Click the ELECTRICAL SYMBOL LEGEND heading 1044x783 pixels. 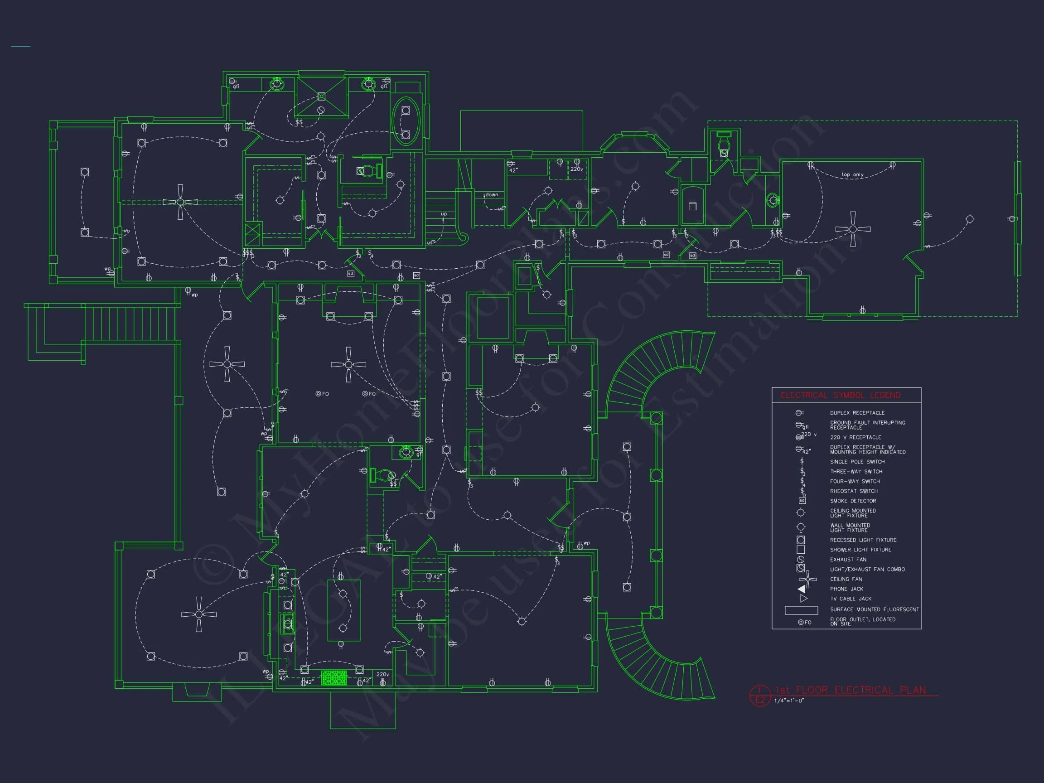coord(841,395)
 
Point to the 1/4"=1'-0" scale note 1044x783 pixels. coord(789,701)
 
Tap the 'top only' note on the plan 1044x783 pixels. coord(852,174)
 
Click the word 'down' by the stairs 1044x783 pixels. coord(491,194)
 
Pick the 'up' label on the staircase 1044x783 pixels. coord(444,214)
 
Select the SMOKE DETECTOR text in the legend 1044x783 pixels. coord(853,501)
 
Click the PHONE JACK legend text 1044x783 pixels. coord(846,589)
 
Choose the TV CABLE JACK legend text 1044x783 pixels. coord(851,599)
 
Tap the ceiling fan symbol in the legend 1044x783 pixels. coord(807,579)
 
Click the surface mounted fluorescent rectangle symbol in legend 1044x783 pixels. coord(801,610)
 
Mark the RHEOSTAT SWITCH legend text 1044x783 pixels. coord(854,491)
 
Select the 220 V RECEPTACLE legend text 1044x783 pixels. coord(855,438)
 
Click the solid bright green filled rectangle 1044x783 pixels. coord(333,678)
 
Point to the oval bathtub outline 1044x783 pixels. coord(406,121)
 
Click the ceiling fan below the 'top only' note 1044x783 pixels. coord(853,229)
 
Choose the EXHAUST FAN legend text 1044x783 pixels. coord(848,560)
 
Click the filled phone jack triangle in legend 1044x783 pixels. coord(802,589)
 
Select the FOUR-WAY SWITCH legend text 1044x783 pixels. coord(855,481)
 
